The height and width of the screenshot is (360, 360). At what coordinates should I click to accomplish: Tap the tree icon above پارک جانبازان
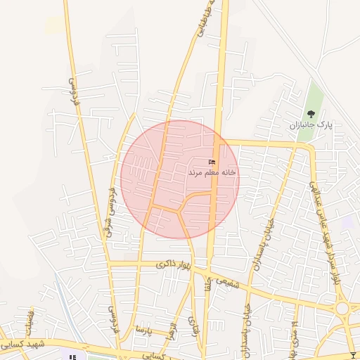click(x=311, y=113)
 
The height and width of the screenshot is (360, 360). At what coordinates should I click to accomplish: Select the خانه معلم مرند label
click(x=212, y=172)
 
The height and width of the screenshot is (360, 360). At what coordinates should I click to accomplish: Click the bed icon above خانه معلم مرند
click(x=212, y=162)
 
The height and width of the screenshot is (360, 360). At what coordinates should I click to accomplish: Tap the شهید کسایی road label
click(x=25, y=345)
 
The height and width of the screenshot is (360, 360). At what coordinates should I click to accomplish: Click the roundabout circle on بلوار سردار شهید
click(x=343, y=308)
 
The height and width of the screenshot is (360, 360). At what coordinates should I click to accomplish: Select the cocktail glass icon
click(x=352, y=354)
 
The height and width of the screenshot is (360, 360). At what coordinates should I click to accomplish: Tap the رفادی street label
click(x=193, y=328)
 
